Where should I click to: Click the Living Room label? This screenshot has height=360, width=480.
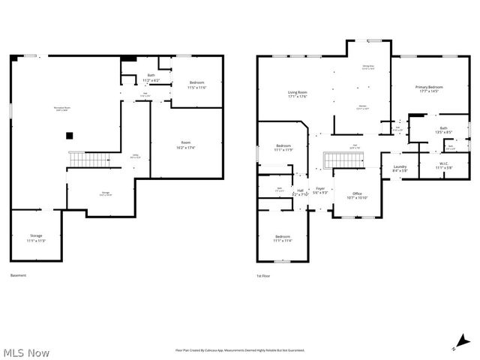298,94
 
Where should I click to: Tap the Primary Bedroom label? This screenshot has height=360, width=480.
429,89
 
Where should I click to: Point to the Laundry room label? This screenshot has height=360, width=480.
400,169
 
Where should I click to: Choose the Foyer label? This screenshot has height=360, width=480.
320,190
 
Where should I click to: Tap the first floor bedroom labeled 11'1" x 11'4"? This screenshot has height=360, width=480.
283,238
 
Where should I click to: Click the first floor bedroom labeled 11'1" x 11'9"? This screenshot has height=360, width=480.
283,148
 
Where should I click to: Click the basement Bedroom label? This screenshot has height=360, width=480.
197,85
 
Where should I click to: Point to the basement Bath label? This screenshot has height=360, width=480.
151,77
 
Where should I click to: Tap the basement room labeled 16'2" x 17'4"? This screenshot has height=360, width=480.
186,145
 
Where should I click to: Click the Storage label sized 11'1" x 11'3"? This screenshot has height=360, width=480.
36,238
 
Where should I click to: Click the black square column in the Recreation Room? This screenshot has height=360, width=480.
69,136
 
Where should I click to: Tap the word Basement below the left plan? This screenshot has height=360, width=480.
18,275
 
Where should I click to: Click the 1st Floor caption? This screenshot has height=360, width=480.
265,275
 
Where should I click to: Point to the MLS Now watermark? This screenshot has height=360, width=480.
27,352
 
